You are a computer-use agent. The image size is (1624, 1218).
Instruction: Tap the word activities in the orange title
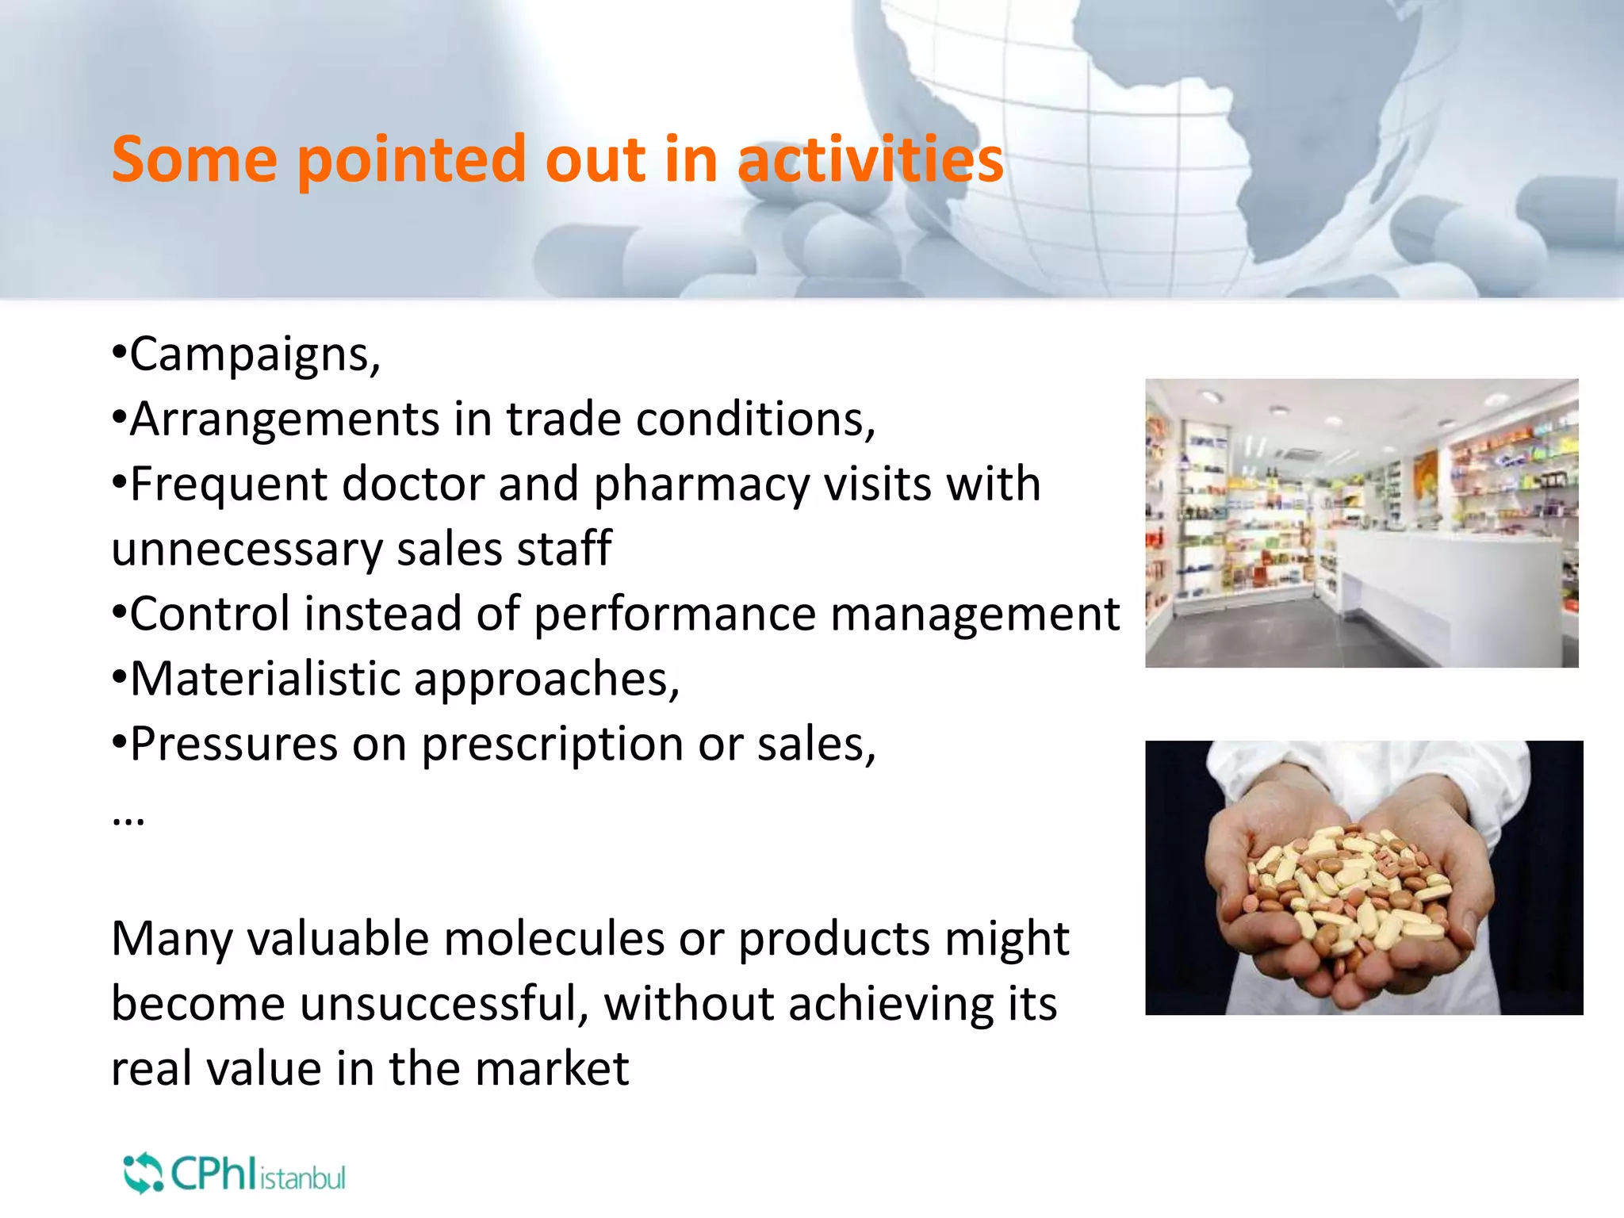pos(870,159)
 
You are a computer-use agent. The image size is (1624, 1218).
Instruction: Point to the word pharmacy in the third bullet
pos(701,485)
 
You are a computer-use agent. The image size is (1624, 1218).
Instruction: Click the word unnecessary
pos(247,550)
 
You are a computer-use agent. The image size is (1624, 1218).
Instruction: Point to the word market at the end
pos(552,1069)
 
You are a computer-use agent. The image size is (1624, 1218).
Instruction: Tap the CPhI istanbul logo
pos(235,1174)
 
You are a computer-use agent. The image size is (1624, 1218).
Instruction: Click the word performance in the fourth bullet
pos(675,615)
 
